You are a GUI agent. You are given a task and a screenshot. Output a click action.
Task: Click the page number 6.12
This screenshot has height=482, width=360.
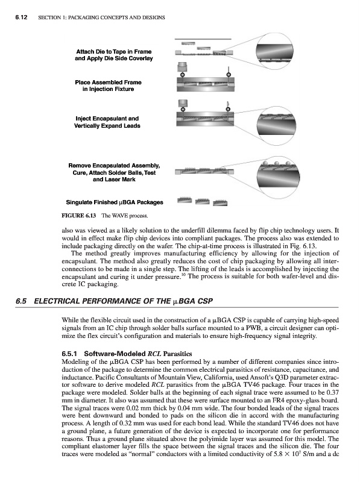click(x=21, y=17)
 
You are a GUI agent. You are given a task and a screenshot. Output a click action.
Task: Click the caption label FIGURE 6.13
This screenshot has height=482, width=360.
click(x=79, y=216)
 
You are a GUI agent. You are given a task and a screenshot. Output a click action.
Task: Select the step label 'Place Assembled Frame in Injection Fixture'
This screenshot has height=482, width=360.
click(x=109, y=86)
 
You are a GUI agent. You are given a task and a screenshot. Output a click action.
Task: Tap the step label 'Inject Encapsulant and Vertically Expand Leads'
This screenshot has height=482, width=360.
click(x=107, y=122)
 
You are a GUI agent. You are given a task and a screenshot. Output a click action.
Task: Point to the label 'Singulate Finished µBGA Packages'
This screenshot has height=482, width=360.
click(x=115, y=202)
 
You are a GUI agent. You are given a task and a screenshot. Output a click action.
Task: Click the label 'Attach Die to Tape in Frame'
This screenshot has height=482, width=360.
click(x=114, y=52)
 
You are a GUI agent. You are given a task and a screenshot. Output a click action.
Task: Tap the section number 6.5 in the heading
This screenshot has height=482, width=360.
click(x=21, y=301)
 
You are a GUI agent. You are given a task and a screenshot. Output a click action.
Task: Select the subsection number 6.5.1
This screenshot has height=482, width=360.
click(x=69, y=354)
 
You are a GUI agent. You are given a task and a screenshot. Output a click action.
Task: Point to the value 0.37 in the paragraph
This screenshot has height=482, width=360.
click(x=333, y=393)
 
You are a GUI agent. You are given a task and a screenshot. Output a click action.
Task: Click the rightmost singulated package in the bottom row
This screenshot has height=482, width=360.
click(x=220, y=202)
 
